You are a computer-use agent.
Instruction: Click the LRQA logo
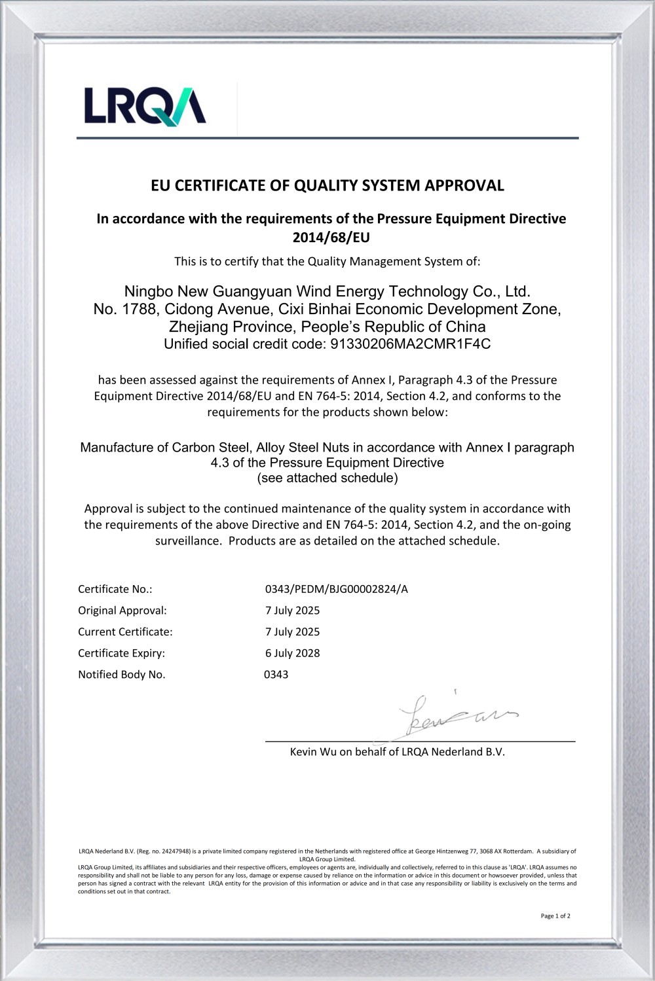tap(145, 105)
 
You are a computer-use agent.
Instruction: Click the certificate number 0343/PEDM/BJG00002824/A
tap(336, 589)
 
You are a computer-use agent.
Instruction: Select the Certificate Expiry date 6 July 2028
tap(292, 653)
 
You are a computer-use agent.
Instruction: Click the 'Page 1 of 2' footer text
tap(555, 916)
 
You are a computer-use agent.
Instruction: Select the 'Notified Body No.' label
tap(122, 675)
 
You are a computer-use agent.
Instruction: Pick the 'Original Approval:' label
tap(122, 611)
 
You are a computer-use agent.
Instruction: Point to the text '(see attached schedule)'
tap(327, 478)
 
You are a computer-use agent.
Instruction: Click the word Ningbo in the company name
tap(149, 291)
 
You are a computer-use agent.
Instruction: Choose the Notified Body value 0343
tap(276, 675)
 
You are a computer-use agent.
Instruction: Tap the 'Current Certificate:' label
tap(125, 632)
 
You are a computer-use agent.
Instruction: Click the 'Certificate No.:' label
tap(115, 589)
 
